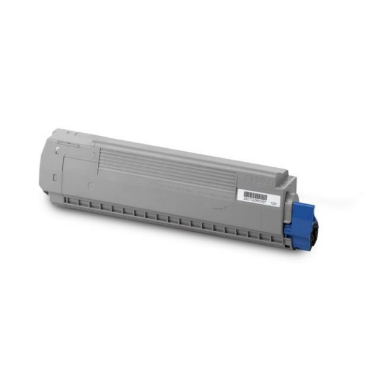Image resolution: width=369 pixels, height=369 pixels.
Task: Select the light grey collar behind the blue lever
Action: [x=289, y=212]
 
